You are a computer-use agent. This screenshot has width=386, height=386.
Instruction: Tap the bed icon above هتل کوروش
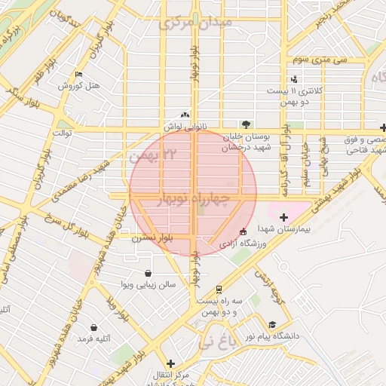pos(78,75)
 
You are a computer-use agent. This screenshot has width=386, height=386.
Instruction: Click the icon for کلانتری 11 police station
pos(293,80)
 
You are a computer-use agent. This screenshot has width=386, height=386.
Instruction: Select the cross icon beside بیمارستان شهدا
pos(283,218)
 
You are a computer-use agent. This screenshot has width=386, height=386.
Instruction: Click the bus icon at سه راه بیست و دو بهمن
pos(219,289)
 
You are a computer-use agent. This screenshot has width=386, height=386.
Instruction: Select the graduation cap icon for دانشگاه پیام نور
pos(271,324)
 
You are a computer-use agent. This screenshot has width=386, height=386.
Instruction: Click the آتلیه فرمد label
pos(93,339)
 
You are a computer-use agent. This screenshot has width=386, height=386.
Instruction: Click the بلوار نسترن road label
pos(152,237)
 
